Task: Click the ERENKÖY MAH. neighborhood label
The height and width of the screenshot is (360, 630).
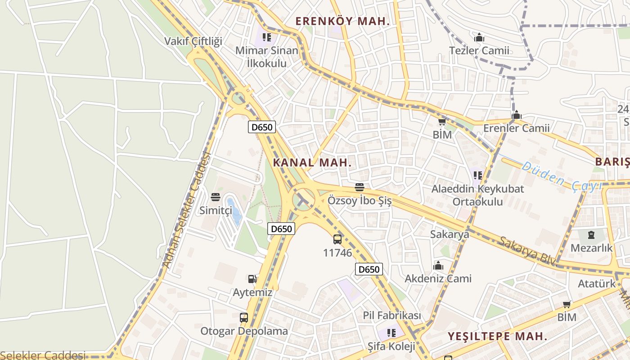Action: click(x=342, y=21)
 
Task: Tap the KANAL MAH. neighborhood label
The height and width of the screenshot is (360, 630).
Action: click(x=312, y=162)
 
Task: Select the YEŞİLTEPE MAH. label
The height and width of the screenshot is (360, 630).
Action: click(x=497, y=336)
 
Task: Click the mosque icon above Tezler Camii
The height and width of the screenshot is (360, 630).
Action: click(x=479, y=37)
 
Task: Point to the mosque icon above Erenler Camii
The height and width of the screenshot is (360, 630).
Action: click(x=516, y=115)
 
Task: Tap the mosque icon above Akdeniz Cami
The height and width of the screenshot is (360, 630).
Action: click(x=438, y=265)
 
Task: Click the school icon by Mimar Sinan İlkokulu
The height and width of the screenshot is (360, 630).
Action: click(x=267, y=37)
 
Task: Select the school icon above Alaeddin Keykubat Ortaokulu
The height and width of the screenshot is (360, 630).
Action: click(x=477, y=175)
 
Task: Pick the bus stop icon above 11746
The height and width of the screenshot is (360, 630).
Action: click(x=337, y=239)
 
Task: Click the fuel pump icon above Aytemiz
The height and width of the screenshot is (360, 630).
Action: click(x=252, y=279)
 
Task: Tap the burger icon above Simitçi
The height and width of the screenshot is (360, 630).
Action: click(x=216, y=197)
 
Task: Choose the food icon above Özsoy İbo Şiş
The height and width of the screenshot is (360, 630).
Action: click(x=359, y=187)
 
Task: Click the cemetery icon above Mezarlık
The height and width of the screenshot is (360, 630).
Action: click(x=591, y=234)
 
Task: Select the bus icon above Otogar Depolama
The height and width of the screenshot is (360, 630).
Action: click(x=243, y=318)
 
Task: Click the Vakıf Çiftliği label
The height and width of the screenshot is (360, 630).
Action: click(x=193, y=41)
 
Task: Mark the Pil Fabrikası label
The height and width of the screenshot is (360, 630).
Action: click(x=392, y=315)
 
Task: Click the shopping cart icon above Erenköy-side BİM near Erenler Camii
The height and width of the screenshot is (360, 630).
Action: click(x=442, y=122)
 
